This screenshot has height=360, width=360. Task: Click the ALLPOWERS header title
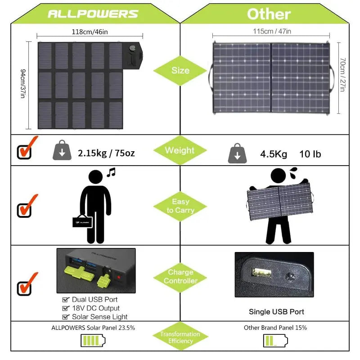pos(93,13)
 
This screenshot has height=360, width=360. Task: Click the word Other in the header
pos(269,13)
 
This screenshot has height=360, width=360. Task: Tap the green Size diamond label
pos(180,71)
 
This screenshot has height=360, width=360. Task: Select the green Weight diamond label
pos(180,150)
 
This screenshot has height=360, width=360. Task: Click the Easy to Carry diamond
pos(180,206)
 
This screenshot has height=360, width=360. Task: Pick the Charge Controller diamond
pos(180,276)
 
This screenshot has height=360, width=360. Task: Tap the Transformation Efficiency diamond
pos(180,337)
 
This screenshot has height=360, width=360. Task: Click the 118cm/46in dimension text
pos(90,32)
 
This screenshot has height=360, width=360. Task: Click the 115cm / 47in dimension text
pos(271,31)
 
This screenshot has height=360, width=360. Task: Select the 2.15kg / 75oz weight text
pos(106,153)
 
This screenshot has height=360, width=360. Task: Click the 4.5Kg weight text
pos(273,154)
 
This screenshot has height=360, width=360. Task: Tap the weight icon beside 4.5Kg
pos(237,153)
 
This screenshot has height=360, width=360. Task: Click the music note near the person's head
pos(111,172)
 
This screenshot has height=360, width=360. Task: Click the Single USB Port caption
pos(276,311)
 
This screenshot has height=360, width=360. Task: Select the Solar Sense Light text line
pos(99,317)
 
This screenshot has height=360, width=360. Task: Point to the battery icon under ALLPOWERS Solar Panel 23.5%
pos(93,341)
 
